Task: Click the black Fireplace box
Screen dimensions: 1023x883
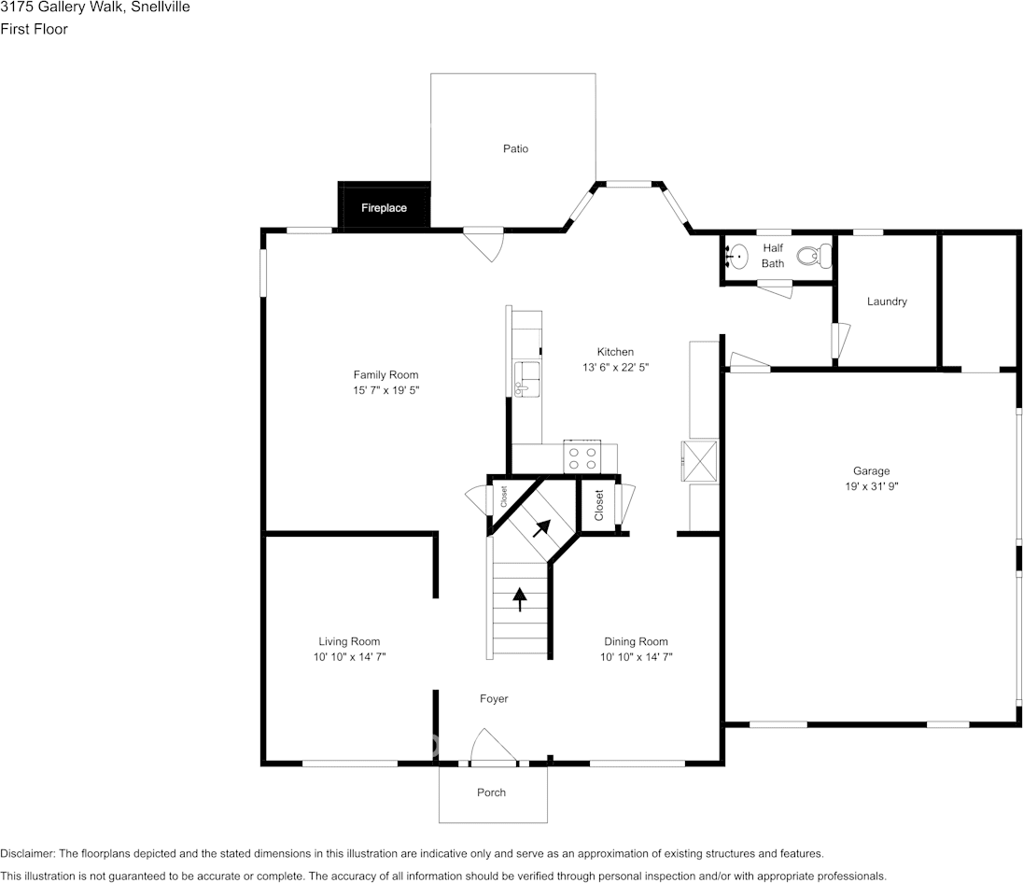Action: pos(384,205)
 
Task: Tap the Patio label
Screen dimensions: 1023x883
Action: pos(515,148)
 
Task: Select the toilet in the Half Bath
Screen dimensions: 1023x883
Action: pos(814,256)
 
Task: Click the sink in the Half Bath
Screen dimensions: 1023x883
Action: pos(737,257)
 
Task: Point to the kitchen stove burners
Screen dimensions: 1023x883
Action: pos(582,457)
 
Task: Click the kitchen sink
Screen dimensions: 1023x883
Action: pos(526,379)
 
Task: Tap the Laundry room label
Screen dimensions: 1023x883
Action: pos(887,301)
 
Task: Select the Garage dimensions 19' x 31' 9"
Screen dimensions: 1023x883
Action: pos(872,486)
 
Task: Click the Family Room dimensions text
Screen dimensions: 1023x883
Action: pos(386,390)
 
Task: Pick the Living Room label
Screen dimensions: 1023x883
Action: pos(349,641)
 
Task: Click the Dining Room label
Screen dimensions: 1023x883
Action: pos(637,641)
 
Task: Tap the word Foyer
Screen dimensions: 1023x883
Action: pos(494,699)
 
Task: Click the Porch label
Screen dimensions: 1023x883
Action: pos(491,792)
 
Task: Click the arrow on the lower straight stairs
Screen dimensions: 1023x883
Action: pos(519,599)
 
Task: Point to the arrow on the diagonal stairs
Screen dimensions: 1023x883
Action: pos(541,528)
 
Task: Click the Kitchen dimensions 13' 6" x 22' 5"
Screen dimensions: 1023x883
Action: pos(616,368)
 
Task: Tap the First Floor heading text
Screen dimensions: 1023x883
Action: pos(34,29)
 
